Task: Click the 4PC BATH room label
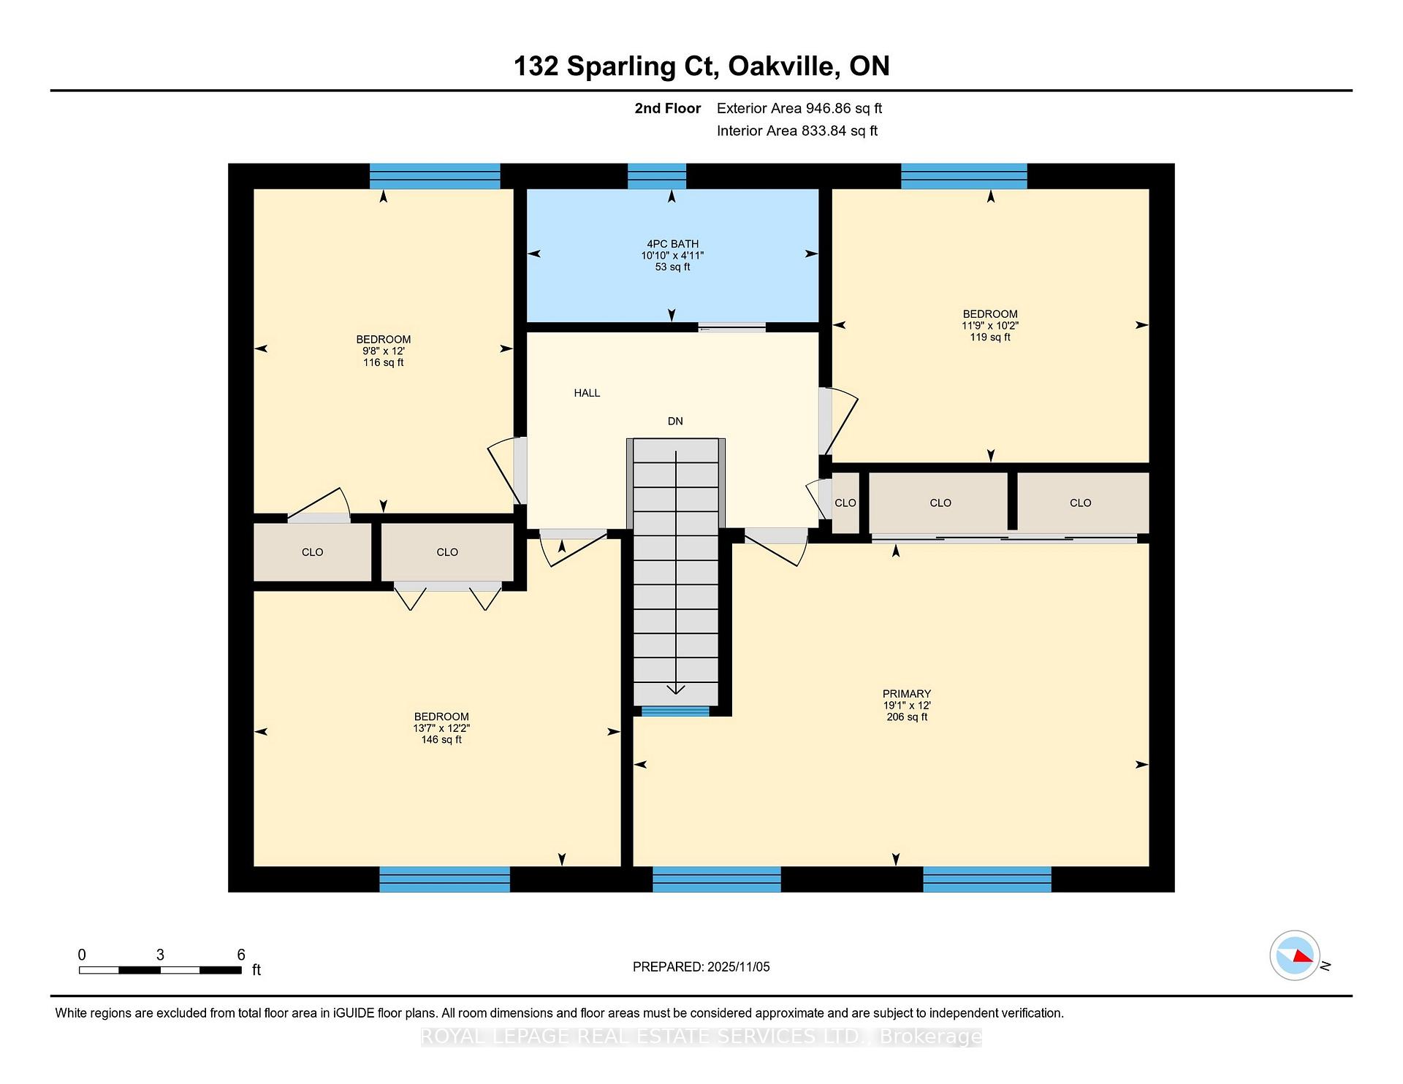[x=672, y=244]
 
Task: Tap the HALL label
[x=587, y=393]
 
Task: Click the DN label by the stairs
[x=675, y=421]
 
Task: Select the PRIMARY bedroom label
[x=906, y=694]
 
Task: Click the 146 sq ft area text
[x=441, y=740]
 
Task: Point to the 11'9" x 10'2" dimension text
[x=990, y=326]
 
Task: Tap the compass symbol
[x=1294, y=955]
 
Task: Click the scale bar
[x=160, y=970]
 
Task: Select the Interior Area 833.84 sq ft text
[x=796, y=131]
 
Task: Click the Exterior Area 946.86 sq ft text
[x=799, y=108]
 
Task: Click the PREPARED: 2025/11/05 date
[x=701, y=967]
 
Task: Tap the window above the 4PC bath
[x=657, y=176]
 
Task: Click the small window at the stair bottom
[x=675, y=711]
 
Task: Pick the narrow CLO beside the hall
[x=845, y=503]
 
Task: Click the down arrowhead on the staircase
[x=676, y=689]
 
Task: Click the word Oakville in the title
[x=783, y=66]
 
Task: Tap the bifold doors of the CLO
[x=448, y=595]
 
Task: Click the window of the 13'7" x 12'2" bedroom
[x=444, y=879]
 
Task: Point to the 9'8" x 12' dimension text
[x=383, y=351]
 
